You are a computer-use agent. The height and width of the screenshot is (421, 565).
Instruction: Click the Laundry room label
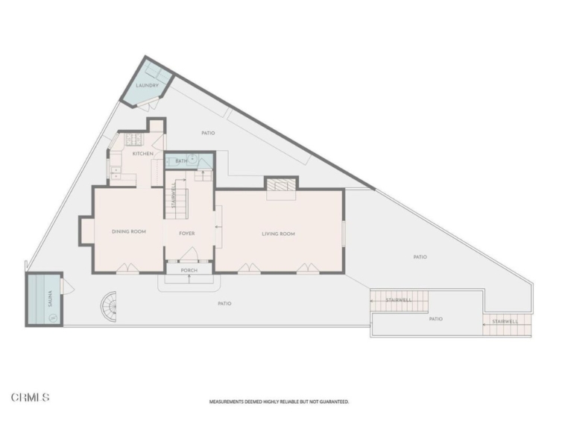pyautogui.click(x=147, y=86)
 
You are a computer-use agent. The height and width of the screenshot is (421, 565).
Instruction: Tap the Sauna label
pyautogui.click(x=50, y=299)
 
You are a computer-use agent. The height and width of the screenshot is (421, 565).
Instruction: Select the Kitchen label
pyautogui.click(x=143, y=154)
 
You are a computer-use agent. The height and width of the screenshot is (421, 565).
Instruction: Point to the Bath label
pyautogui.click(x=181, y=161)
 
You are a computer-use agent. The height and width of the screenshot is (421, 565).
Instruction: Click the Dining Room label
pyautogui.click(x=129, y=231)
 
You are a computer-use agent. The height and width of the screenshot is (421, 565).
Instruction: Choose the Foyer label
pyautogui.click(x=187, y=234)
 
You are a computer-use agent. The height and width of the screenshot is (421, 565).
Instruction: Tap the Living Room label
pyautogui.click(x=279, y=234)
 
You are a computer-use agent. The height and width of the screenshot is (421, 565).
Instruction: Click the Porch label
pyautogui.click(x=189, y=270)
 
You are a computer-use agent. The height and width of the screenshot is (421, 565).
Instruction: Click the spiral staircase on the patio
pyautogui.click(x=109, y=307)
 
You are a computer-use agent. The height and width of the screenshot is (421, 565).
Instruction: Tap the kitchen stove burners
pyautogui.click(x=134, y=140)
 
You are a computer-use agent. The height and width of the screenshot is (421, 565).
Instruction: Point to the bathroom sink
pyautogui.click(x=193, y=159)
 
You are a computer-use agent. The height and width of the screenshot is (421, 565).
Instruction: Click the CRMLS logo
pyautogui.click(x=31, y=398)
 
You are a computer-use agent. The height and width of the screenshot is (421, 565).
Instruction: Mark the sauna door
pyautogui.click(x=67, y=286)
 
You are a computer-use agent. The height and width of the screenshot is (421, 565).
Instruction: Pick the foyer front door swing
pyautogui.click(x=189, y=253)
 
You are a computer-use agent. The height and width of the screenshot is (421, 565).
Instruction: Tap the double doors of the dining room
pyautogui.click(x=127, y=268)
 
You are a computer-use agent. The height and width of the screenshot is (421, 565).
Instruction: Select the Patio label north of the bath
pyautogui.click(x=208, y=133)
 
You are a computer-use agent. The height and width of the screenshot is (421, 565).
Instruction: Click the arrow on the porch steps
pyautogui.click(x=189, y=278)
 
